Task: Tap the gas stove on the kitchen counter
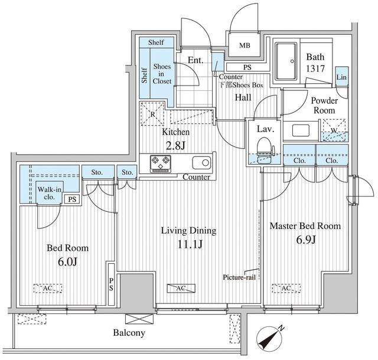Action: point(161,164)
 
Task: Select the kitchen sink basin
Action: point(201,163)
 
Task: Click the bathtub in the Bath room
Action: point(286,61)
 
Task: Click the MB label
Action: point(245,45)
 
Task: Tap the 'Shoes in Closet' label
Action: point(162,74)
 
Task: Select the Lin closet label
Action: point(341,77)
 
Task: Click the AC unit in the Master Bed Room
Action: point(286,288)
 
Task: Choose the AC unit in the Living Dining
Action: point(181,288)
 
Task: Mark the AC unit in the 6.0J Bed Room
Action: point(48,288)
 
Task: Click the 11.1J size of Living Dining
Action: point(190,245)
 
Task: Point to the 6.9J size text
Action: point(306,240)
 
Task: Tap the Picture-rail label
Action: point(239,277)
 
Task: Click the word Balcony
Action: point(129,333)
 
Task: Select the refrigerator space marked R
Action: point(152,114)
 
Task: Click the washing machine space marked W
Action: point(335,130)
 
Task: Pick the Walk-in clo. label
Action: point(49,193)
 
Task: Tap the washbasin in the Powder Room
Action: point(301,130)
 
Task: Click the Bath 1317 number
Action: point(315,69)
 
